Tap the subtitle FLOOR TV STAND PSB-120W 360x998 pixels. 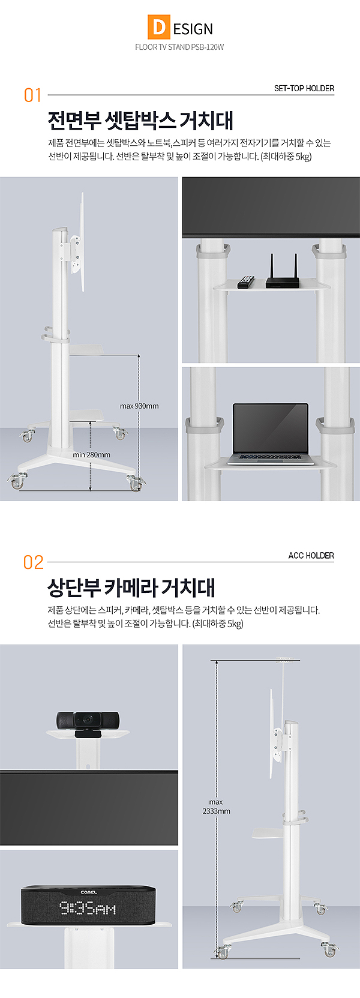click(x=179, y=47)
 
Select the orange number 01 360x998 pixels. click(x=32, y=95)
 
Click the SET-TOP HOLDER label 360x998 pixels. click(x=304, y=88)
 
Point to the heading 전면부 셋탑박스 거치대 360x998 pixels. click(x=141, y=120)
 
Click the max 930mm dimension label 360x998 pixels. click(x=139, y=406)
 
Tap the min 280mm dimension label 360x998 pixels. click(x=92, y=455)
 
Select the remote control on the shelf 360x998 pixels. click(x=245, y=282)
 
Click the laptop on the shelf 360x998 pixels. click(x=270, y=434)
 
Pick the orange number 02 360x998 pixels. click(x=34, y=562)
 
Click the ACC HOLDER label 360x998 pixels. click(x=311, y=555)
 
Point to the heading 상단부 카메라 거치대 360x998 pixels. click(x=131, y=587)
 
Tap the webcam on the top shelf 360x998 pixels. click(x=88, y=724)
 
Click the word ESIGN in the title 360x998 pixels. click(x=193, y=29)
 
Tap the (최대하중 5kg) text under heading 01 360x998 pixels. click(x=286, y=157)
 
